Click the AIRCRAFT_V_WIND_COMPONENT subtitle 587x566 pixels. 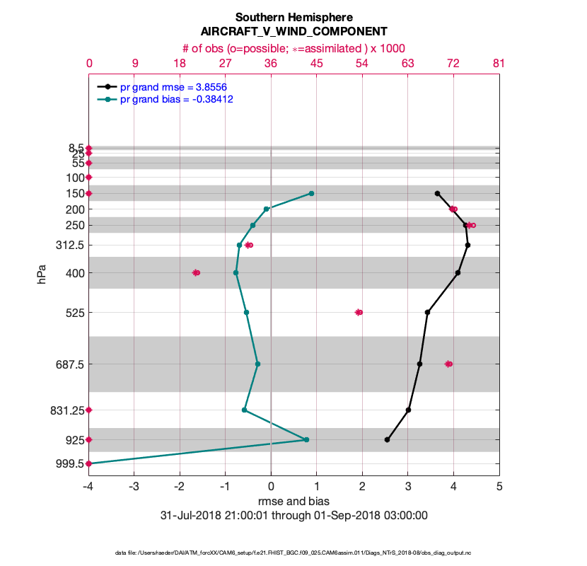click(x=293, y=32)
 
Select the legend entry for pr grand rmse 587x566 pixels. click(x=173, y=87)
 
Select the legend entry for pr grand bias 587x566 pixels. click(x=176, y=100)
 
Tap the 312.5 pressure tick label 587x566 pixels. click(x=67, y=246)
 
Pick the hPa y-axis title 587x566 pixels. click(x=42, y=274)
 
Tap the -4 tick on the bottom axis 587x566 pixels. click(x=88, y=486)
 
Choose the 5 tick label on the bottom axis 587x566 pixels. click(x=499, y=486)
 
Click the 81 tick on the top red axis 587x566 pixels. click(x=499, y=63)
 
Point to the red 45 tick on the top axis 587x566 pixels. click(x=316, y=63)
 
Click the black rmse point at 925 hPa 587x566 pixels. click(x=387, y=440)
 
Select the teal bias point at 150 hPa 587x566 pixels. click(x=311, y=193)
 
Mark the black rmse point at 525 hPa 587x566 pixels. click(x=427, y=312)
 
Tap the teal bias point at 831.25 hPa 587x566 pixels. click(x=245, y=410)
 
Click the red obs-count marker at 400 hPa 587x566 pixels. click(x=197, y=272)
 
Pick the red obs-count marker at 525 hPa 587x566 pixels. click(x=359, y=312)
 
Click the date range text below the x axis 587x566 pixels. click(x=293, y=515)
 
